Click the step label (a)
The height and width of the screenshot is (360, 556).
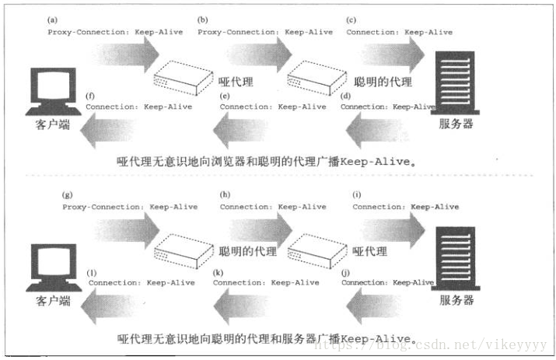coord(53,19)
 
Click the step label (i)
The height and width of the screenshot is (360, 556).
coord(358,194)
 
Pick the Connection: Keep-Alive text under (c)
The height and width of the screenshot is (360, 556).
coord(399,32)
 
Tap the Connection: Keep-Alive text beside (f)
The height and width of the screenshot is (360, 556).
coord(139,106)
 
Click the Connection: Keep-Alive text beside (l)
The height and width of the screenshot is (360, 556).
coord(142,282)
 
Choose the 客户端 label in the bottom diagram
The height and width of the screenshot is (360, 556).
coord(53,299)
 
